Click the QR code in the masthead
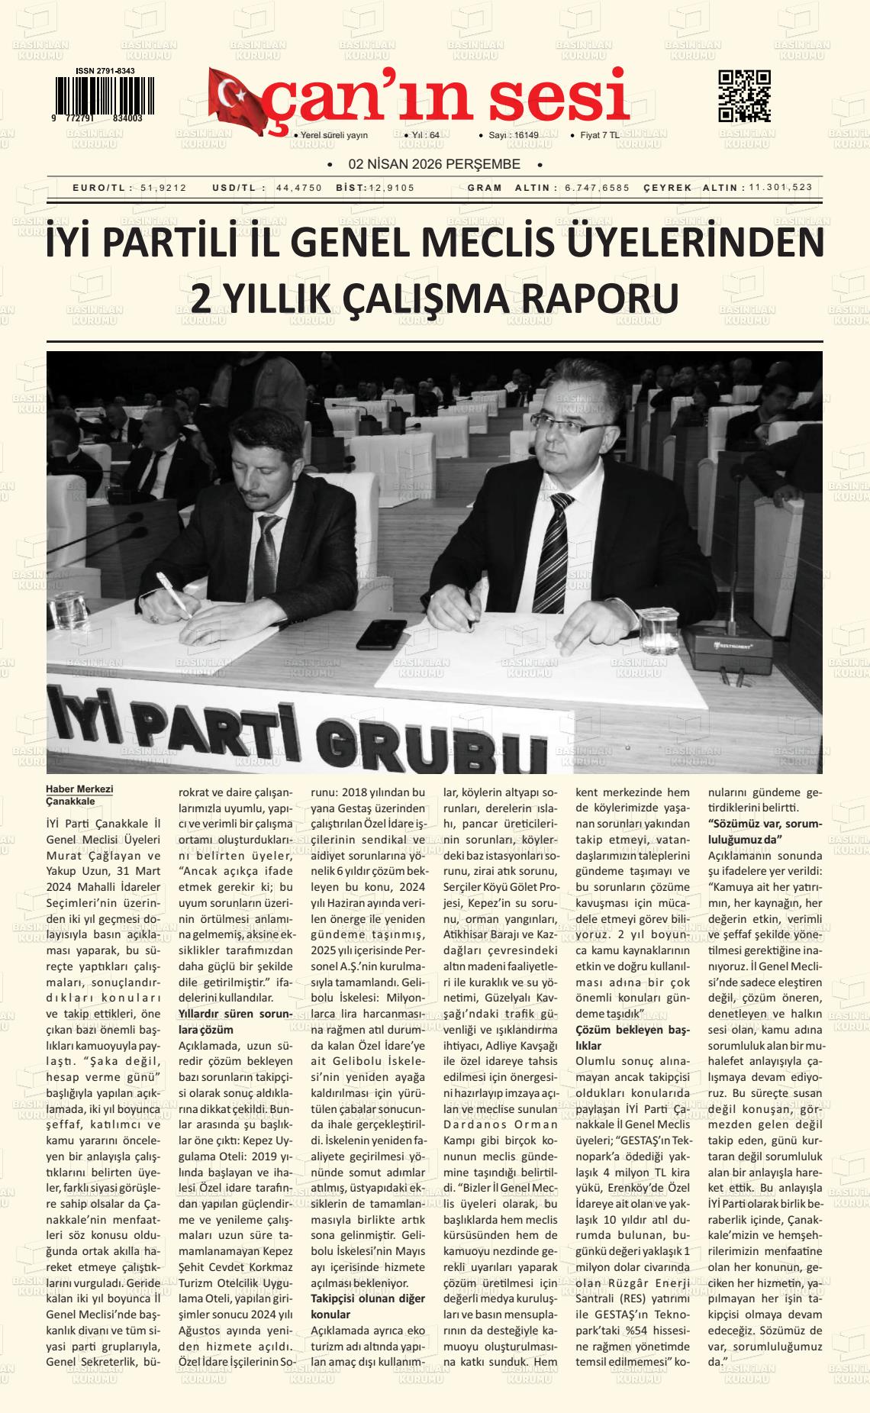pos(744,96)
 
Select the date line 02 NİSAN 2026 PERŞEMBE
pos(433,164)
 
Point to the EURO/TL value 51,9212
pos(163,188)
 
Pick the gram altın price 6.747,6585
pos(598,188)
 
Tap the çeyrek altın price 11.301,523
pos(780,188)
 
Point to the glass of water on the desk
pos(656,627)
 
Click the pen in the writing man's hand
pos(173,595)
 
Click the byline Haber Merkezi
pos(79,789)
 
